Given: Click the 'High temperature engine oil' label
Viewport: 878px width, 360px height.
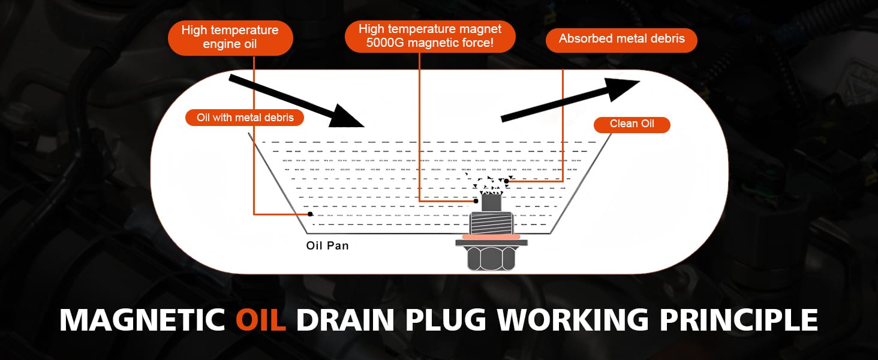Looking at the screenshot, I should coord(230,37).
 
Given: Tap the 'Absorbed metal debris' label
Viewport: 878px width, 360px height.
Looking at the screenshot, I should coord(621,39).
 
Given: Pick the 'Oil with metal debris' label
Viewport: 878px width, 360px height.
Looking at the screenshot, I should coord(245,118).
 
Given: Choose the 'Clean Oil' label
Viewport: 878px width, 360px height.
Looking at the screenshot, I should coord(632,124).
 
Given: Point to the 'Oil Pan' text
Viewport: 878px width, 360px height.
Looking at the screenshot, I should coord(327,245).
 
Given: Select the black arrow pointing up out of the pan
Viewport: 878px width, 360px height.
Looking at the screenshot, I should coord(570,100).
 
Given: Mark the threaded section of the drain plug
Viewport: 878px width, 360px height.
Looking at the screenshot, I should coord(491,223).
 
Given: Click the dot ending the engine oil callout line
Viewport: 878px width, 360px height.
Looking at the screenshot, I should coord(310,214).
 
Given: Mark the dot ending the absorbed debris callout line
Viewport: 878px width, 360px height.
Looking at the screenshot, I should coord(507,181).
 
